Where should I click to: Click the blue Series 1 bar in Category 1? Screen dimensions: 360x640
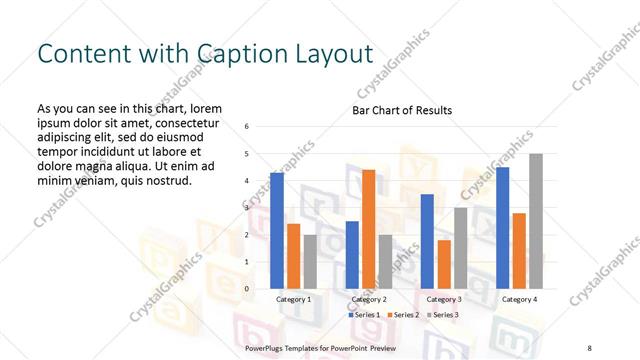277,231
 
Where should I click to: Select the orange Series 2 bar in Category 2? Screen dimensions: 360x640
368,229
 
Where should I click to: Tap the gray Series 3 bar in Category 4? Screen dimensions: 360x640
536,221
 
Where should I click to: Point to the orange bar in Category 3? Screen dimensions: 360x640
443,264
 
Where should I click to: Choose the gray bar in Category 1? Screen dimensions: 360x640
310,262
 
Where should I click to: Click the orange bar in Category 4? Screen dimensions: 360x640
519,251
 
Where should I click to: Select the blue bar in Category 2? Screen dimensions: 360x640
352,255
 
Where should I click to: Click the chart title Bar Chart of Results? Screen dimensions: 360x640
402,110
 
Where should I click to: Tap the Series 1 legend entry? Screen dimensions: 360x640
364,315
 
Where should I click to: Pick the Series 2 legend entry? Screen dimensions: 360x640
402,315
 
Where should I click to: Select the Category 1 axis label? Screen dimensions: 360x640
294,299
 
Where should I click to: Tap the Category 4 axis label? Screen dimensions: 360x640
519,299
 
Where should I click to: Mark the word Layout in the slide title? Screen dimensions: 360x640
322,54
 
